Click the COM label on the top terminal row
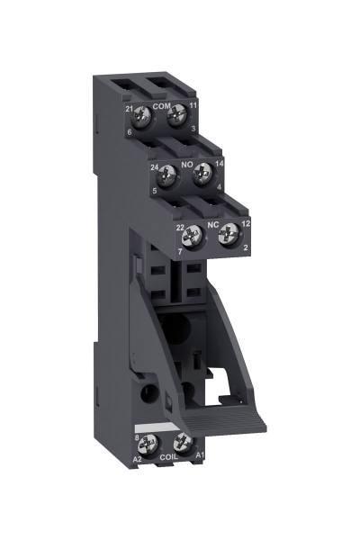(162, 107)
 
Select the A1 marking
(200, 456)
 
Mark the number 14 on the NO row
(220, 164)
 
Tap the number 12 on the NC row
(245, 222)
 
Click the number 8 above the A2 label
(136, 436)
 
